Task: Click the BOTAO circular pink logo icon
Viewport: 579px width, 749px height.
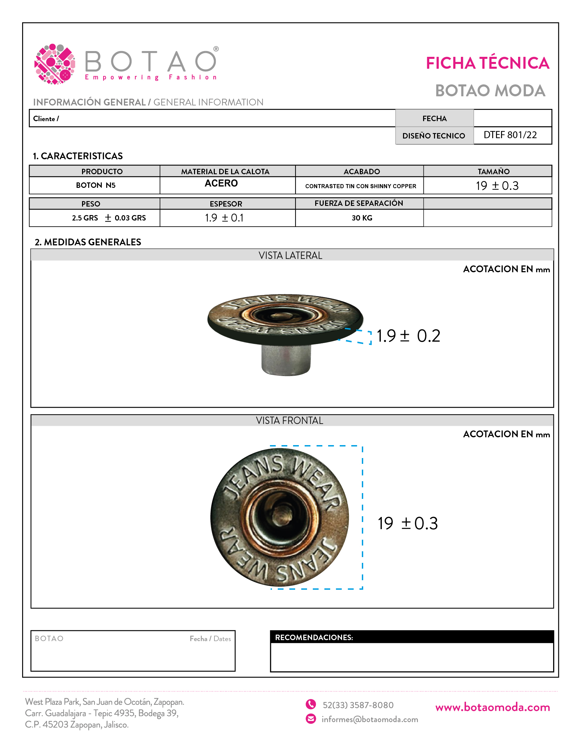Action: (x=55, y=64)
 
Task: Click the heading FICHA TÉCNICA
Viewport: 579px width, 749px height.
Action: (x=487, y=63)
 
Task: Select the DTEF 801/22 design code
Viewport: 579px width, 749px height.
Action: (x=510, y=135)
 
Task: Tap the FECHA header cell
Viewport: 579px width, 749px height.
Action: (x=434, y=119)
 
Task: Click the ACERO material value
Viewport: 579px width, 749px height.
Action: (x=221, y=183)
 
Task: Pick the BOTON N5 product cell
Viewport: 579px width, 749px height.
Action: (x=96, y=185)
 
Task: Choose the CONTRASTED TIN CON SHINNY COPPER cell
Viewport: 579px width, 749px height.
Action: (x=360, y=186)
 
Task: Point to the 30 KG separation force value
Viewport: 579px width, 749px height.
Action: (x=362, y=218)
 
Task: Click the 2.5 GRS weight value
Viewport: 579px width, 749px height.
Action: (x=85, y=218)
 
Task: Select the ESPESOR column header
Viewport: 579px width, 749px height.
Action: (x=226, y=204)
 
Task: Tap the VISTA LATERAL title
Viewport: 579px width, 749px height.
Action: (x=290, y=256)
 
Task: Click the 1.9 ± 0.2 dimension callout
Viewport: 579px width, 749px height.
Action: (x=408, y=336)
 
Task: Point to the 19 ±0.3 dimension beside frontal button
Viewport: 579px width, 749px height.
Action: (x=407, y=523)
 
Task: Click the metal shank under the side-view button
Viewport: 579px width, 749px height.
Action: (x=286, y=360)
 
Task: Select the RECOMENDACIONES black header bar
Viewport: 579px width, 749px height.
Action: (x=412, y=637)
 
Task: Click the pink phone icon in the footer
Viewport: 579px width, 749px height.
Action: (x=311, y=704)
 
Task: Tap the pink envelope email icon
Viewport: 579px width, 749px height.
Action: (x=311, y=719)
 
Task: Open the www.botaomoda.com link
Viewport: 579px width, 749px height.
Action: (x=493, y=707)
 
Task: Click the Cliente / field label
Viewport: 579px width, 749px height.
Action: (x=46, y=119)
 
